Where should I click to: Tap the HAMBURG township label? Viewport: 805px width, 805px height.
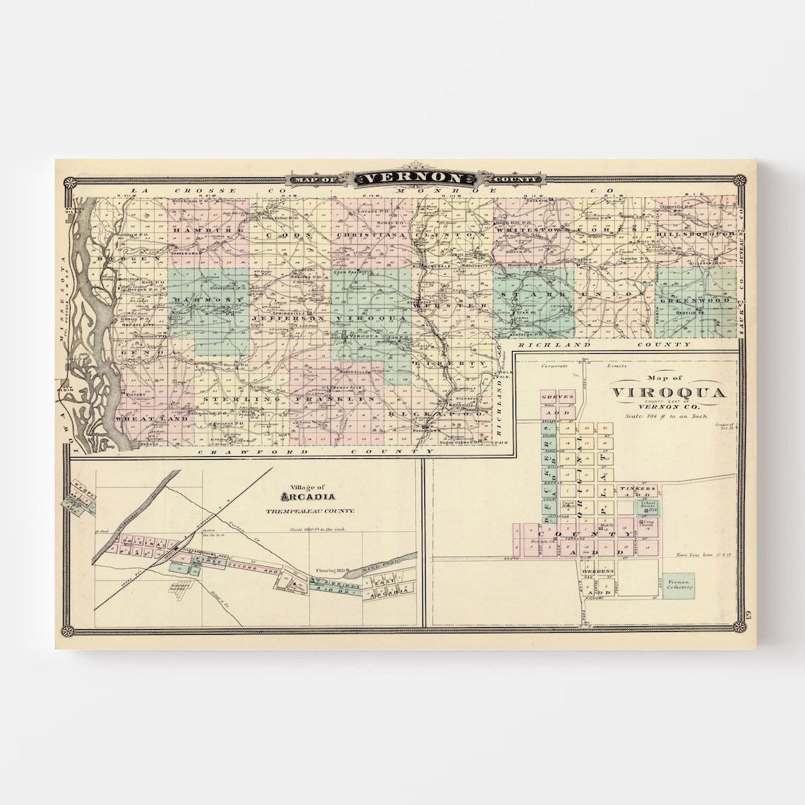[205, 231]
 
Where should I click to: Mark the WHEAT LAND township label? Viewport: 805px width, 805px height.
[148, 418]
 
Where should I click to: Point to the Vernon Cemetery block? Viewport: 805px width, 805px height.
[678, 583]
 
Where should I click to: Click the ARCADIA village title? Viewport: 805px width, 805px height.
[305, 497]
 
